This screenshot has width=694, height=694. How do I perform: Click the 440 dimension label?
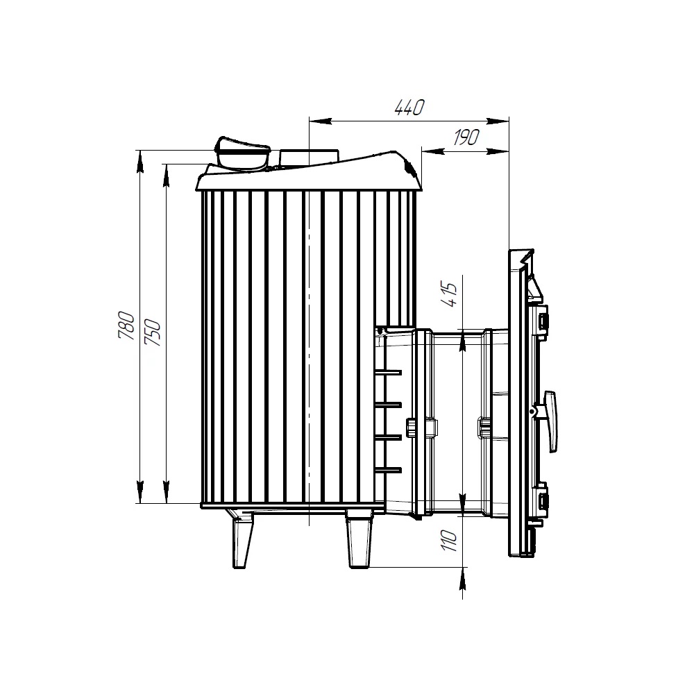click(409, 108)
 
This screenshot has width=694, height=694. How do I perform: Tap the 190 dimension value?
click(466, 137)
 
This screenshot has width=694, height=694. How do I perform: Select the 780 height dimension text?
click(126, 325)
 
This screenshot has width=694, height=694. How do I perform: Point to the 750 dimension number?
click(153, 332)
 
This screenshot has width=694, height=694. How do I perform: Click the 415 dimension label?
click(450, 295)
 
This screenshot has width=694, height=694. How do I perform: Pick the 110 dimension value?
click(450, 541)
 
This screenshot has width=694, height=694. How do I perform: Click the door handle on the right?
click(550, 421)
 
